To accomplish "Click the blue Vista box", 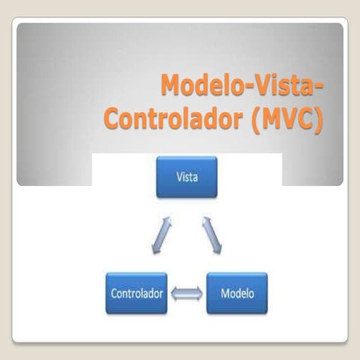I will pos(187,177).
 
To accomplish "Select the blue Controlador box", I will pos(136,293).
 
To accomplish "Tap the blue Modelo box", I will pos(237,293).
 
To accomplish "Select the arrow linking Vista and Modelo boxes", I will pos(212,235).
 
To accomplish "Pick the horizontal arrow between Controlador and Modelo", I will pos(187,293).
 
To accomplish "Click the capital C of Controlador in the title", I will pos(111,119).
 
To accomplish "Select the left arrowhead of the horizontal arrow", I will pos(174,293).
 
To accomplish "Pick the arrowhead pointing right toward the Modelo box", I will pos(199,293).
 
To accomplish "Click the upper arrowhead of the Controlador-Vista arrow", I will pos(168,221).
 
